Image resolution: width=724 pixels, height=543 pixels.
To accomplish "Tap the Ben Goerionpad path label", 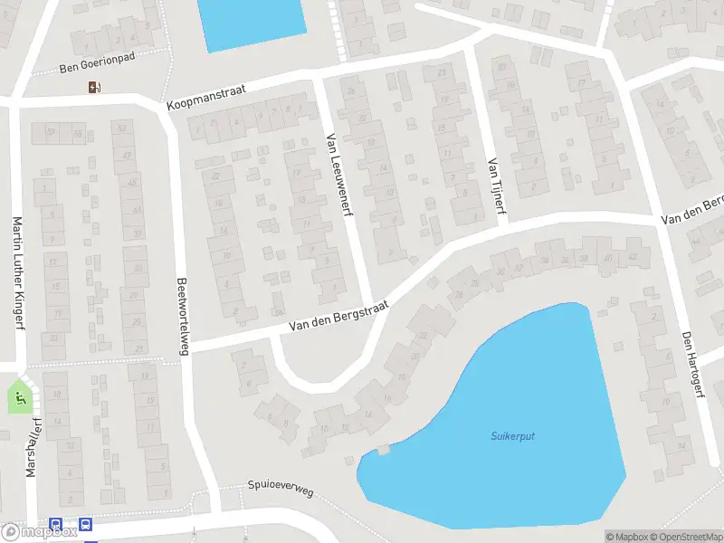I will click(96, 67).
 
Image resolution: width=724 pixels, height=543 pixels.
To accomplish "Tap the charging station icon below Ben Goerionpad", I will click(93, 87).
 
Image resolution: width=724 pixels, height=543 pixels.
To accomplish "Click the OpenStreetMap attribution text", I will click(687, 537).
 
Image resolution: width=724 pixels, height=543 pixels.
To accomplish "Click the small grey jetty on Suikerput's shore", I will click(384, 449).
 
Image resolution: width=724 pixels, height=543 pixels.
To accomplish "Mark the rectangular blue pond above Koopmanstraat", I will click(252, 22).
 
